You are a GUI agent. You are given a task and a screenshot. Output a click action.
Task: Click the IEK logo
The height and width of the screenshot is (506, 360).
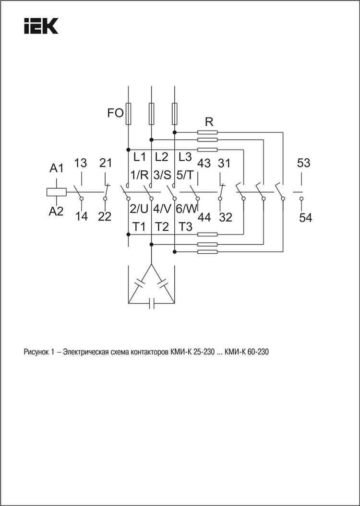(x=41, y=26)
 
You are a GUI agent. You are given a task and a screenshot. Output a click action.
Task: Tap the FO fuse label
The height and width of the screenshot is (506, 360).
(x=115, y=113)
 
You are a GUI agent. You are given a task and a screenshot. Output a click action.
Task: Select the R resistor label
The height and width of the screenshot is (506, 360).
(x=209, y=122)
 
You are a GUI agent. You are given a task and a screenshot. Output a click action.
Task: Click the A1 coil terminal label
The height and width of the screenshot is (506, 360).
(x=57, y=168)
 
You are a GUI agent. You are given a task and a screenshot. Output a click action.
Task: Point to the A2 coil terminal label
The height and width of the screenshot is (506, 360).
(x=56, y=212)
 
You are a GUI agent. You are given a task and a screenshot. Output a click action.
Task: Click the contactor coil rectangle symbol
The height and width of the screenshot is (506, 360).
(x=57, y=192)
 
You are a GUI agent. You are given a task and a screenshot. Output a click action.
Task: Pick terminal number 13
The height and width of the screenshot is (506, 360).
(x=80, y=163)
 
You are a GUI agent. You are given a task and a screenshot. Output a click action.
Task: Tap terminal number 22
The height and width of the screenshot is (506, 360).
(x=105, y=216)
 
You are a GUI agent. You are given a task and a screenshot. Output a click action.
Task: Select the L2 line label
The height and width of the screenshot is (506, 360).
(x=161, y=157)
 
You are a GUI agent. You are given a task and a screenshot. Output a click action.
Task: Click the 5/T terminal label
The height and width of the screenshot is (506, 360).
(x=185, y=175)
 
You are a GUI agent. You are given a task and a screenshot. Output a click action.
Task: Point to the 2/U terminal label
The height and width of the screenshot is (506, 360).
(x=139, y=209)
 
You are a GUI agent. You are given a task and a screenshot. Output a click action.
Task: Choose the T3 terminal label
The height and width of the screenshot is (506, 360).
(x=185, y=227)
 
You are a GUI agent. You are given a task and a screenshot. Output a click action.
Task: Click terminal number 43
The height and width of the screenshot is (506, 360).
(x=204, y=163)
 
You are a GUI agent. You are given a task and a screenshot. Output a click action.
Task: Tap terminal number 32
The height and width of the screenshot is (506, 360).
(x=226, y=217)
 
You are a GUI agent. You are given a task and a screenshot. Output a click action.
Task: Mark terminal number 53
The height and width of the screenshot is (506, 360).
(x=303, y=163)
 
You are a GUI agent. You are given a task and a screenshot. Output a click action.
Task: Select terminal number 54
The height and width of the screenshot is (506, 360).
(x=305, y=218)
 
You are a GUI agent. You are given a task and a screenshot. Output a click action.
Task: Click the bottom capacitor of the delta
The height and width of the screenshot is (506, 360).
(x=151, y=303)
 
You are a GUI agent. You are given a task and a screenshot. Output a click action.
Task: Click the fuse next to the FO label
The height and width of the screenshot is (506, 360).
(x=128, y=114)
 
